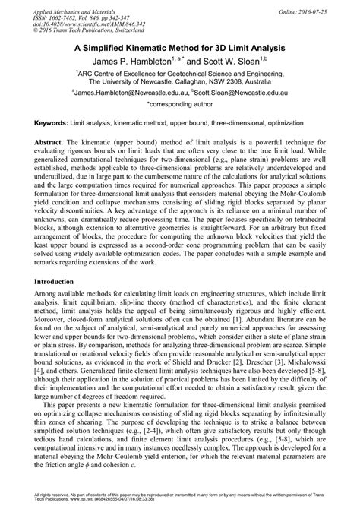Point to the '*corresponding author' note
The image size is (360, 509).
pos(180,101)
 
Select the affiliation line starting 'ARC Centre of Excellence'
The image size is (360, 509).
pos(180,69)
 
